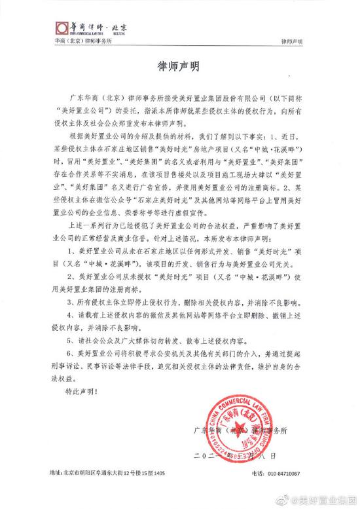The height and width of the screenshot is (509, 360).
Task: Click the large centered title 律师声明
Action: point(179,67)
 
